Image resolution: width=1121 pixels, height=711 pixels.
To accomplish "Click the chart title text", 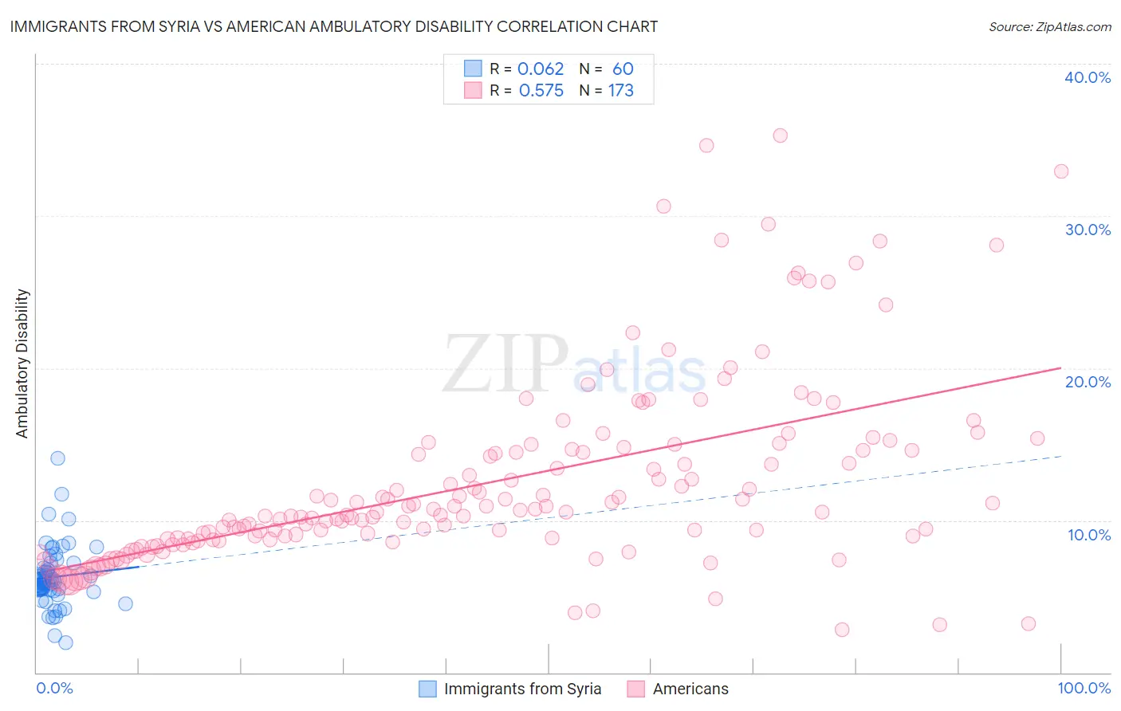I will point(334,26).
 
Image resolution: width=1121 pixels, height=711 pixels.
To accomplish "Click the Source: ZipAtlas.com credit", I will point(1049,27).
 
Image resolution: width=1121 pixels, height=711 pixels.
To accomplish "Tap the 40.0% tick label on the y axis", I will point(1087,77).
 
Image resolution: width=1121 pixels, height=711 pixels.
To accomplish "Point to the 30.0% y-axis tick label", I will point(1087,230).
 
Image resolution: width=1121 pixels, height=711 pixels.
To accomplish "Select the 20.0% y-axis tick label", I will point(1087,382).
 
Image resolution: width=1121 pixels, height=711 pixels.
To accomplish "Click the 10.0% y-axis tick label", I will point(1088,535).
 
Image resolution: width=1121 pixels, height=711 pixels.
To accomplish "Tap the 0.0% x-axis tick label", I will point(54,688).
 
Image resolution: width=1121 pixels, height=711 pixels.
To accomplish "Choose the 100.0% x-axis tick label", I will point(1084,688).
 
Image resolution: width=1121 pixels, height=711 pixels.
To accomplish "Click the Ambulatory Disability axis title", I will point(22,363).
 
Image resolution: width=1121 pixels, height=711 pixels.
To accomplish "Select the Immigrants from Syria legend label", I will point(522,689).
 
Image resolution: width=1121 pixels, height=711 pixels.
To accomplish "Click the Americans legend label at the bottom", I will point(690,689).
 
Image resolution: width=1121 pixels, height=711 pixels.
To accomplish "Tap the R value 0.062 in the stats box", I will point(541,69).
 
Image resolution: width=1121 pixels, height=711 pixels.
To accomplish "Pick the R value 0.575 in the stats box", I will point(541,91).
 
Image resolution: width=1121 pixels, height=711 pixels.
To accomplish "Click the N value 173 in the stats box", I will point(620,91).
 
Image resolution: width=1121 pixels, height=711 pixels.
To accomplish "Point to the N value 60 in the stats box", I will point(623,69).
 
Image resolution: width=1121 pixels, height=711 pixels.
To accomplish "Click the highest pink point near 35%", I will point(780,136).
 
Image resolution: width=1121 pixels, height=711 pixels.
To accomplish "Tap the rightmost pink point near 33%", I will point(1060,171).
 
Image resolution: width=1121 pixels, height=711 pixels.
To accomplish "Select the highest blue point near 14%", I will point(57,458).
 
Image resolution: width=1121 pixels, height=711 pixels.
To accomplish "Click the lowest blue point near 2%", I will point(65,642).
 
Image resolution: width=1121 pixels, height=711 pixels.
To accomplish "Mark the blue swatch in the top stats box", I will point(473,69).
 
